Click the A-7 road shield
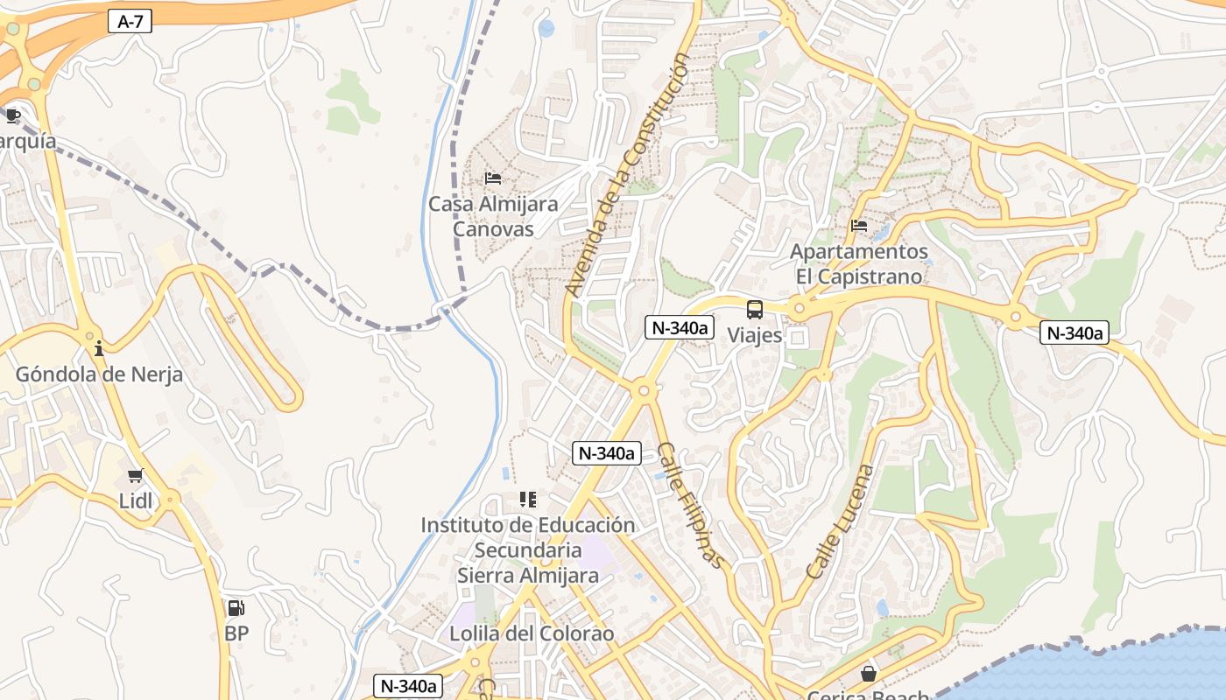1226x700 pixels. click(130, 22)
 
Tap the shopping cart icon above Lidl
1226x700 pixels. click(135, 476)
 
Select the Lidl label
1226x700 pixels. click(136, 501)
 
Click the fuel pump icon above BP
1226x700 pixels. click(236, 608)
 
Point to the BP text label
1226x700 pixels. click(236, 633)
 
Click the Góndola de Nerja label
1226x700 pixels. click(99, 374)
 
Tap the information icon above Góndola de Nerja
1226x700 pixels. click(99, 348)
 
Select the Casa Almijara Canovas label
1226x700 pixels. click(493, 216)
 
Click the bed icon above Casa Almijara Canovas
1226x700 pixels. click(493, 178)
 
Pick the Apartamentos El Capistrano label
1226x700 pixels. click(859, 263)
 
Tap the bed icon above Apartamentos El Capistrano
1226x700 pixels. click(859, 226)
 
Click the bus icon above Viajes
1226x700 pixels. click(755, 309)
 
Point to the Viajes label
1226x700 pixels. click(755, 335)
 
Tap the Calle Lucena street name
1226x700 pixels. click(840, 521)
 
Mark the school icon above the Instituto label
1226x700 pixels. click(527, 500)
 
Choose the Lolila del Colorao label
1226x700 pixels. click(532, 633)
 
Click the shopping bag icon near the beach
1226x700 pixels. click(868, 674)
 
